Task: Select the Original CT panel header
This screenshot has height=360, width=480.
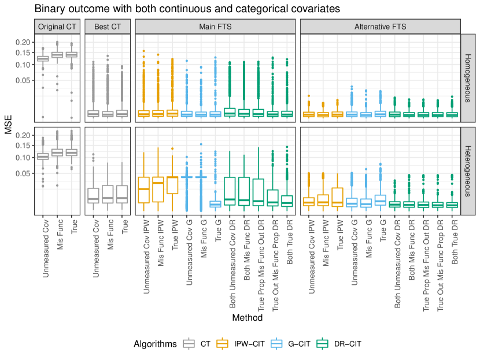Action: [57, 27]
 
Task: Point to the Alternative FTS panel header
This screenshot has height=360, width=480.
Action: [380, 27]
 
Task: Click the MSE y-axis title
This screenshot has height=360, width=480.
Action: [9, 125]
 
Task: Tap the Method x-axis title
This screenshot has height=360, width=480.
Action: [248, 318]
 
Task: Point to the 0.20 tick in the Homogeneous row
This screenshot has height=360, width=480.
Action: [22, 42]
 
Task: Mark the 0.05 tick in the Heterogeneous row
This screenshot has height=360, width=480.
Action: [22, 173]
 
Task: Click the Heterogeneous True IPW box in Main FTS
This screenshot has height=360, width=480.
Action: [172, 185]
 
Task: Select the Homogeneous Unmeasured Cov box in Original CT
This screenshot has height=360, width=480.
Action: [43, 58]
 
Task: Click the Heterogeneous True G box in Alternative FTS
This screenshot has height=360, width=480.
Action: [381, 200]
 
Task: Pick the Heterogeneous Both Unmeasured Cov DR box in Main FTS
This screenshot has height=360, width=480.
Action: [229, 191]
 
